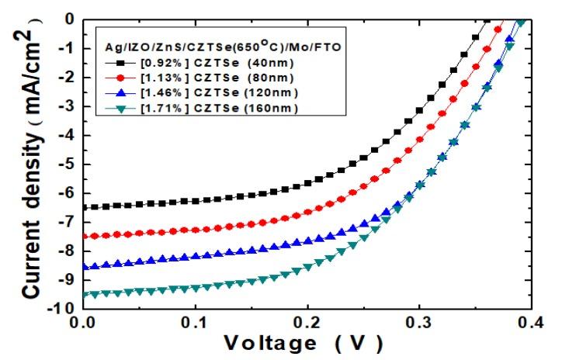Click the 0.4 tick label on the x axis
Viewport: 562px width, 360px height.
coord(530,321)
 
